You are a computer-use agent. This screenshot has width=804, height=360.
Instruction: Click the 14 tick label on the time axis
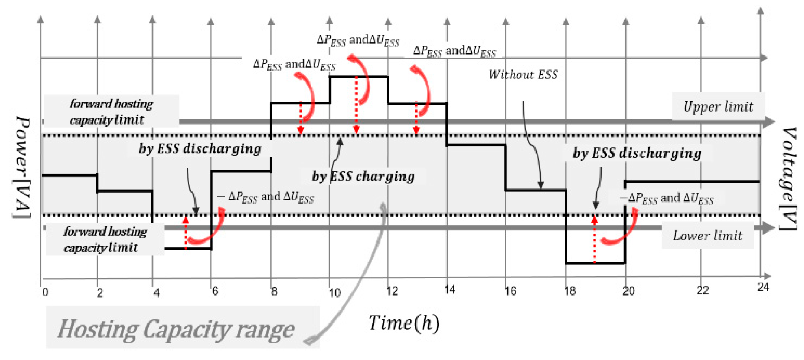coord(450,290)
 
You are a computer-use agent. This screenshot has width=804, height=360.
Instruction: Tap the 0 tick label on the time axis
coord(46,292)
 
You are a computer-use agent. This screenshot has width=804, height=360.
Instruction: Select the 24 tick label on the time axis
coord(763,287)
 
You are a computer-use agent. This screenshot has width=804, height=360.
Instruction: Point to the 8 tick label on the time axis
coord(274,291)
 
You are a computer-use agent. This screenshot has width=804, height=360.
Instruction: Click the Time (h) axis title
coord(404,323)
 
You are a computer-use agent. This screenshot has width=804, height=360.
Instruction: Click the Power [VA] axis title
coord(22,168)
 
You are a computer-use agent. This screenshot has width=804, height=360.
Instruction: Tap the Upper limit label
coord(718,107)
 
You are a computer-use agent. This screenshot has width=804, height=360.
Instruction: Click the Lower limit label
coord(707,235)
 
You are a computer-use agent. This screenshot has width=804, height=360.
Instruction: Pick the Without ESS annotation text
coord(523,74)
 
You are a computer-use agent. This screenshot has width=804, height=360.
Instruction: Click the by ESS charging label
coord(363,176)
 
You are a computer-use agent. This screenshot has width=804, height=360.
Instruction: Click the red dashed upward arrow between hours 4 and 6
coord(185,233)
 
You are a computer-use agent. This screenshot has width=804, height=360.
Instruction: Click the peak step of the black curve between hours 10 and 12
coord(359,76)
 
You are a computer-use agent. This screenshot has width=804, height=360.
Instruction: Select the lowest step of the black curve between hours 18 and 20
coord(595,263)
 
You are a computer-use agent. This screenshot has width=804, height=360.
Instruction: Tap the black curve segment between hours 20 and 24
coord(692,181)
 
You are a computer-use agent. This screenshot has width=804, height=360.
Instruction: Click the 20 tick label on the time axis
coord(628,291)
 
